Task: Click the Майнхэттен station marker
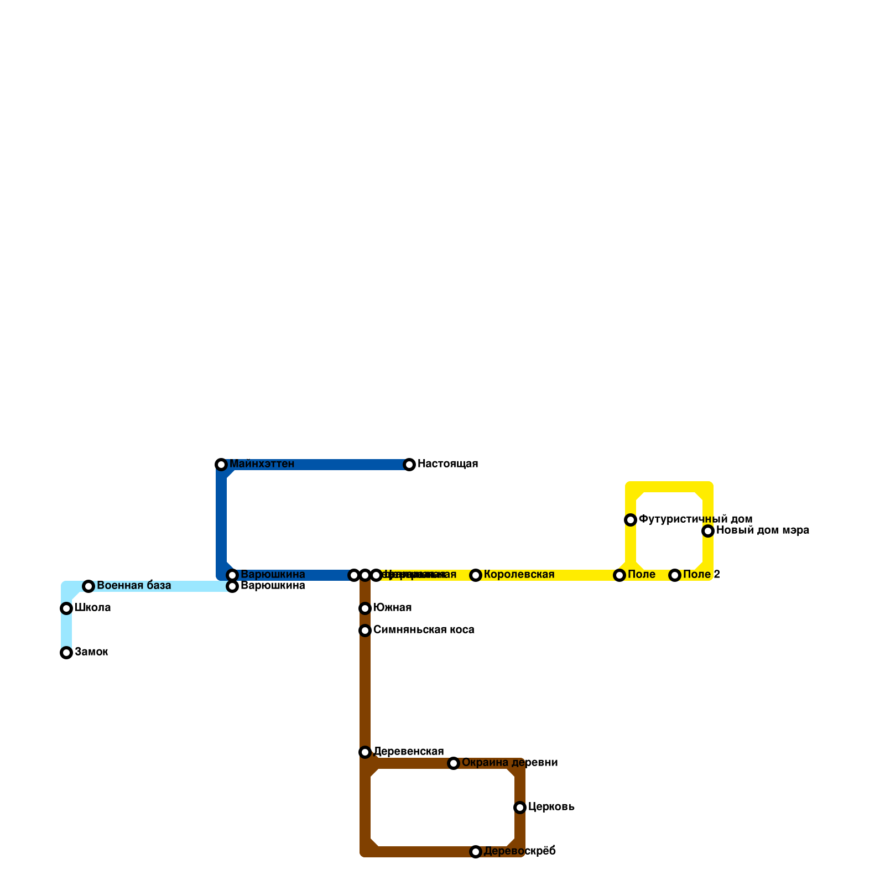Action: click(221, 465)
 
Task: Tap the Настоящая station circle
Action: click(409, 465)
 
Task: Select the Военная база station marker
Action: click(88, 586)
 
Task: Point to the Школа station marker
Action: click(66, 608)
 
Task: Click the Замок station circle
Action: click(66, 653)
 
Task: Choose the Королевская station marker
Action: click(476, 575)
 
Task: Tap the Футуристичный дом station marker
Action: click(631, 520)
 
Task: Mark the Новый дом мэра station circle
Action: click(708, 531)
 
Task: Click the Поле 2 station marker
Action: click(675, 575)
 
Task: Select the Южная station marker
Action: click(365, 608)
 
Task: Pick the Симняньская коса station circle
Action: click(365, 631)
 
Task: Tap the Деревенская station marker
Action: click(365, 752)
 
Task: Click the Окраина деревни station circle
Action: click(454, 763)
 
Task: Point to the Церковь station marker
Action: click(520, 808)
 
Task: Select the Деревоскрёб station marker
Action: click(476, 852)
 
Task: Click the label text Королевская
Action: click(519, 575)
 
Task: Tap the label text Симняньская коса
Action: click(424, 630)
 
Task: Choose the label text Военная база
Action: click(134, 586)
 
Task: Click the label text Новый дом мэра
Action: click(763, 530)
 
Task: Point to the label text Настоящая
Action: click(447, 464)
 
